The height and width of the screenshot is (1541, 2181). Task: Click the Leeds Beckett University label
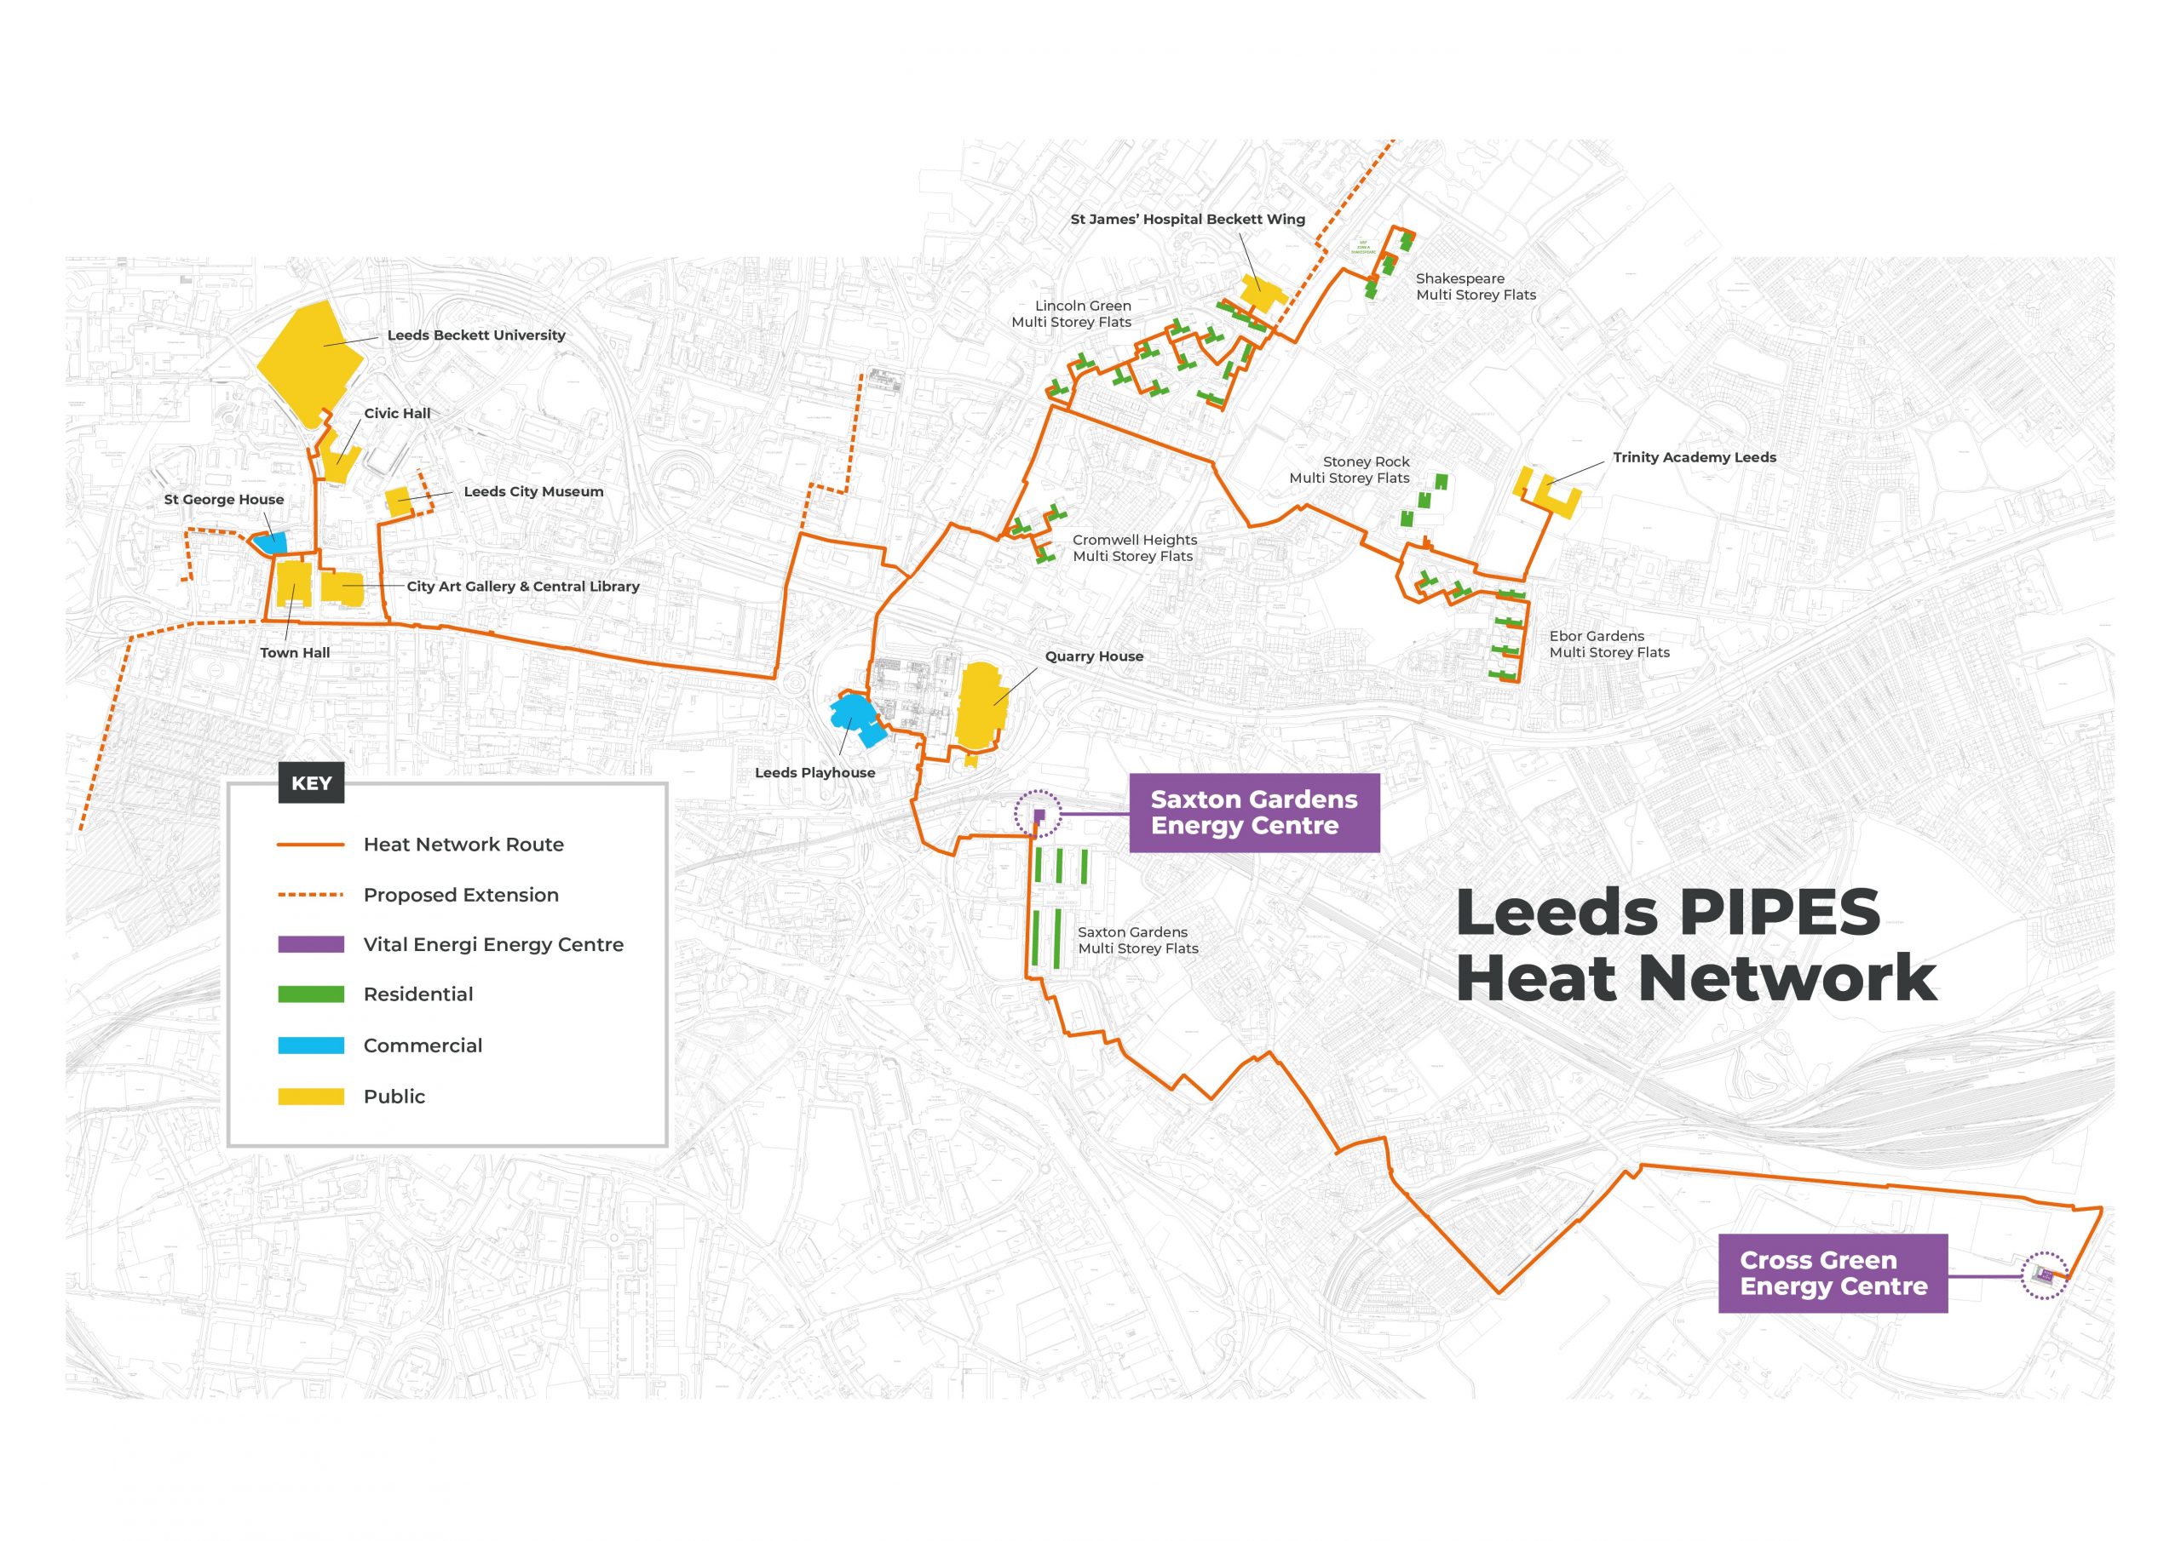[476, 335]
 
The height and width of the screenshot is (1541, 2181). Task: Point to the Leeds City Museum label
[533, 492]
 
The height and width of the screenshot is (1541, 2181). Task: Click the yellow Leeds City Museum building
[399, 502]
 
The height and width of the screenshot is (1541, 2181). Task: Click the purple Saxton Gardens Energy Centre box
[1253, 813]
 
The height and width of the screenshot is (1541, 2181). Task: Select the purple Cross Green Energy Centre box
[1833, 1274]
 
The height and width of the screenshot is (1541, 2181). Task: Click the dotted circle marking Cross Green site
[2044, 1275]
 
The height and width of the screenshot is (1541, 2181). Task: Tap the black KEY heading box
[312, 783]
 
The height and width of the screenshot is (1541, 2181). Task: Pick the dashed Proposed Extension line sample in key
[311, 895]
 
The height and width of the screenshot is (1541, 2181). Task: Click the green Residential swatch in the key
[311, 994]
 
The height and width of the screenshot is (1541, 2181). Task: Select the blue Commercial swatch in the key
[311, 1045]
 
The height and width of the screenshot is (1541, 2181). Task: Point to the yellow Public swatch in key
[311, 1097]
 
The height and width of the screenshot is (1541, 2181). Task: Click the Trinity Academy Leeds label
[1694, 458]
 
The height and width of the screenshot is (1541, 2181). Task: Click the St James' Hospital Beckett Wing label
[1188, 220]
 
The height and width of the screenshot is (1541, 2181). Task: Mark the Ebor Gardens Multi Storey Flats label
[1608, 644]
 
